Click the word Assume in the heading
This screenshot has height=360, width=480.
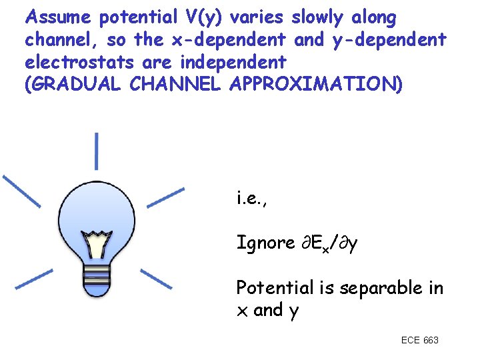pos(58,17)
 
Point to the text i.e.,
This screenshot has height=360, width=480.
pos(252,197)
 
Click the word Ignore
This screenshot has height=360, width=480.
pos(265,243)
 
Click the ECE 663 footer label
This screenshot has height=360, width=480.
pos(419,341)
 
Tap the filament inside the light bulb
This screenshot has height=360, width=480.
pos(97,243)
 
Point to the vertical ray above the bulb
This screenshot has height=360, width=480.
pos(97,150)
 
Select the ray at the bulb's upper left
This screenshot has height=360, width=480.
pos(21,190)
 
